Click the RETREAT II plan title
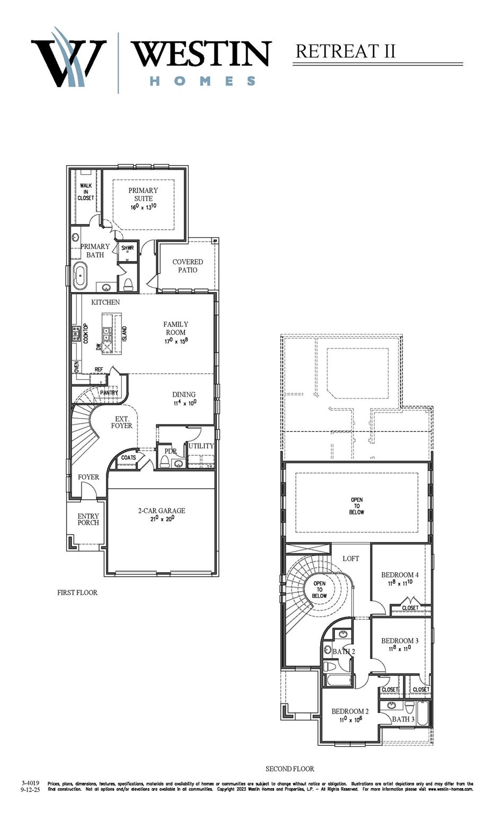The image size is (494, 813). point(346,51)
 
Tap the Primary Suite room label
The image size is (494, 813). point(143,194)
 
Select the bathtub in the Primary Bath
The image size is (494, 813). point(80,275)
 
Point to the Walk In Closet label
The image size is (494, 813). point(86,192)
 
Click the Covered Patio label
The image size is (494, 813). point(188,266)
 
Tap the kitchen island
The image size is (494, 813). point(112,333)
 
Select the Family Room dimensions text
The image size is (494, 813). point(176,341)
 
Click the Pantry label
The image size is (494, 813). point(109,393)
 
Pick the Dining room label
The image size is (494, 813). point(184,394)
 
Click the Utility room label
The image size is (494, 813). point(201,446)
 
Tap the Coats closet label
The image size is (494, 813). point(128,457)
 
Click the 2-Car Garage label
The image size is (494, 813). point(162,511)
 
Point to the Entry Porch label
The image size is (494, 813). point(88,519)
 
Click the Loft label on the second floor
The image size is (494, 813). point(351,558)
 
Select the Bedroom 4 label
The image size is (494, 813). point(400,575)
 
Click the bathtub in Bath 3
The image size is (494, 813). point(422,713)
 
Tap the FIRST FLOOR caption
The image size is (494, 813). point(77,592)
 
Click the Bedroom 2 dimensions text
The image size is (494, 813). point(350,720)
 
